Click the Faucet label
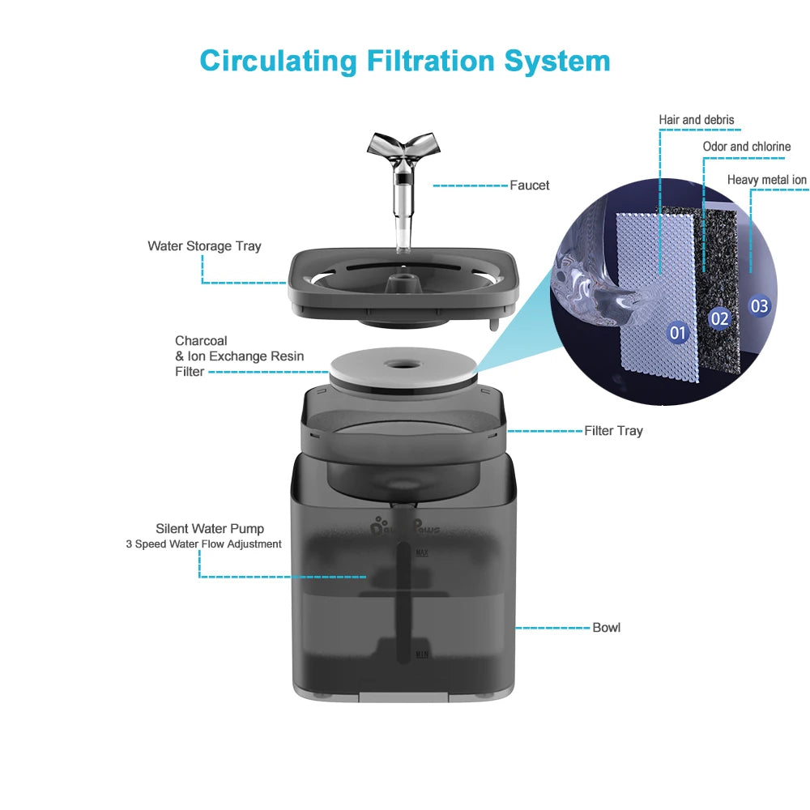point(529,185)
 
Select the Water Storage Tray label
point(204,245)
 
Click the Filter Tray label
point(613,431)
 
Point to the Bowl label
point(606,628)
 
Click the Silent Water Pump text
point(210,529)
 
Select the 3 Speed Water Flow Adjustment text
point(203,544)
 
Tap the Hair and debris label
point(696,120)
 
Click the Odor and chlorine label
point(746,147)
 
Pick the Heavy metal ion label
point(766,180)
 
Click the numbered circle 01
point(677,332)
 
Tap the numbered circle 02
point(719,318)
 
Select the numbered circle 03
point(759,306)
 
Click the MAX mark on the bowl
point(421,552)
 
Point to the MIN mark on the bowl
point(421,653)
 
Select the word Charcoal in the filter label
point(201,341)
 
